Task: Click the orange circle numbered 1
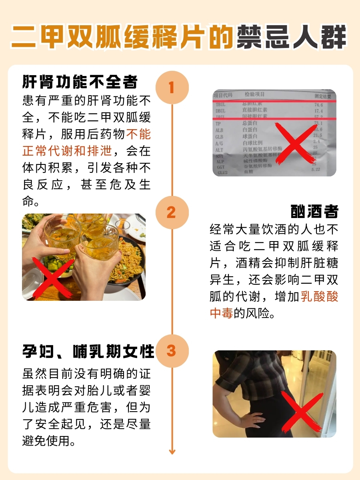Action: (x=172, y=87)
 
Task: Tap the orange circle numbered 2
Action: (x=172, y=212)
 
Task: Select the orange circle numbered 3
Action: (x=172, y=351)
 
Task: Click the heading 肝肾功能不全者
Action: (x=80, y=82)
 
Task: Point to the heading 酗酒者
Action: (x=314, y=212)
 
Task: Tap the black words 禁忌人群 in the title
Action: (x=291, y=38)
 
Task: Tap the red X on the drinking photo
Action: (x=54, y=276)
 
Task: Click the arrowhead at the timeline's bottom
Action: (x=172, y=452)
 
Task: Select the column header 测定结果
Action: (x=322, y=96)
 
